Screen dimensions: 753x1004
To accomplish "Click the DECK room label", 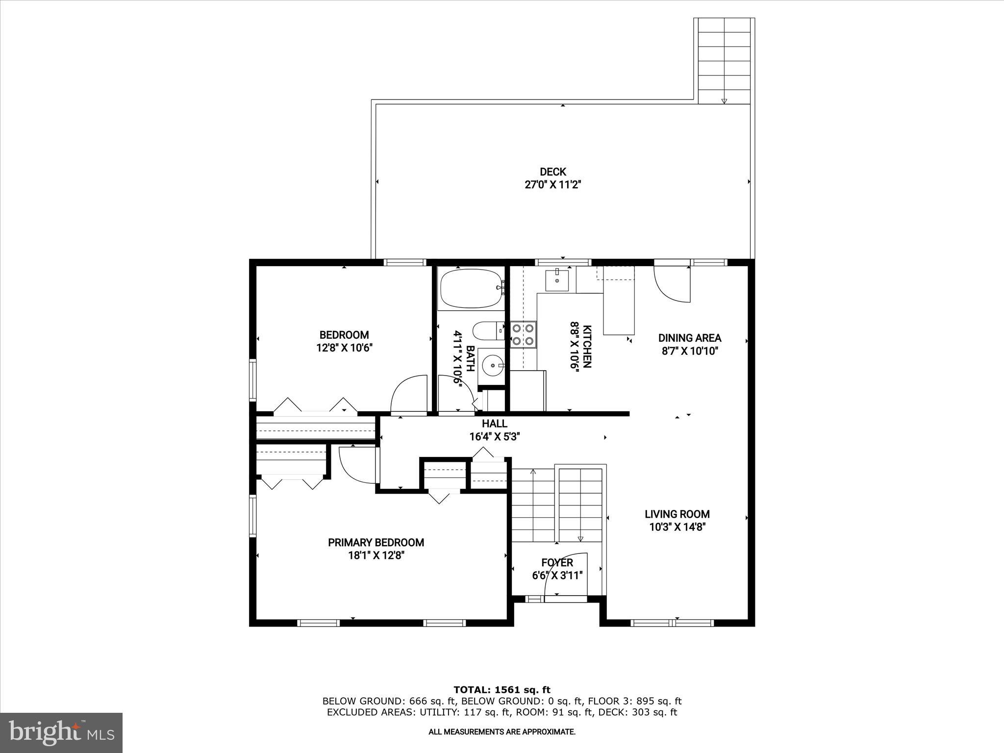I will point(552,172).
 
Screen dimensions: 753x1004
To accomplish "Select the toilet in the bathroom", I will point(487,331).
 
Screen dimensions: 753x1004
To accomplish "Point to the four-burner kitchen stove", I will point(523,334).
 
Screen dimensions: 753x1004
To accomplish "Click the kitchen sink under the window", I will point(557,280).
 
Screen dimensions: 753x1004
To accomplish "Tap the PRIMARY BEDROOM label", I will point(376,542).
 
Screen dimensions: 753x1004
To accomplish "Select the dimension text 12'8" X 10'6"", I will point(345,348).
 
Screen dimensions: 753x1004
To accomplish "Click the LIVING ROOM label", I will point(677,514).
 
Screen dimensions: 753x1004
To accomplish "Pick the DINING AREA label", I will point(689,338).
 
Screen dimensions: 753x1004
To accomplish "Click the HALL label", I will point(494,424).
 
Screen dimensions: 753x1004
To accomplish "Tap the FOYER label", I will point(557,562).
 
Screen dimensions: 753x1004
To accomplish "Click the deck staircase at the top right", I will point(724,61).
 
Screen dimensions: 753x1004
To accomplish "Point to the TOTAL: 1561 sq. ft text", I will point(502,690).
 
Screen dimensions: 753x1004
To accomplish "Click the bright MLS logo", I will point(61,732).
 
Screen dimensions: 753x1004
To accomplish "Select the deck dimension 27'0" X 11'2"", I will point(552,185).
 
